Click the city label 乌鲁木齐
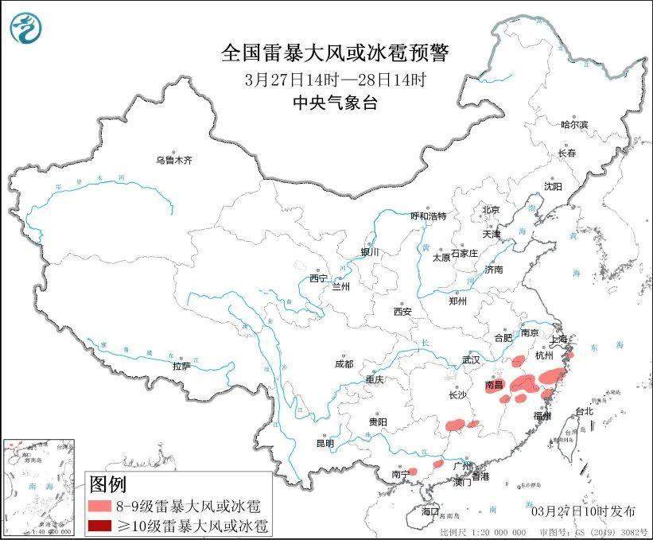coord(173,160)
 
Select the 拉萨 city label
coord(181,367)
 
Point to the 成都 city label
coord(344,364)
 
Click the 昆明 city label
coord(325,443)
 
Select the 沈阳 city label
coord(552,186)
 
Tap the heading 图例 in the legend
coord(107,484)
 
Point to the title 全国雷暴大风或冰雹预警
coord(334,53)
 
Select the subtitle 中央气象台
coord(334,102)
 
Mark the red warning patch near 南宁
coord(411,472)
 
